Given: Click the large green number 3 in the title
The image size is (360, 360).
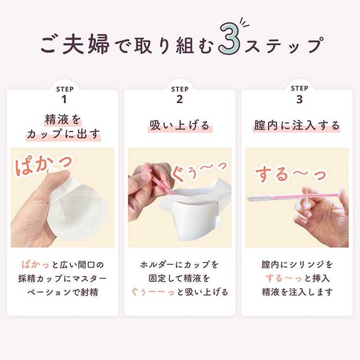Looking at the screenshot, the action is [x=229, y=38].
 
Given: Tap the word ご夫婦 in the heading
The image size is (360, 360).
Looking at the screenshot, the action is [x=75, y=44].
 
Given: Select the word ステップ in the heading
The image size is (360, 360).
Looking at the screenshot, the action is [x=284, y=45].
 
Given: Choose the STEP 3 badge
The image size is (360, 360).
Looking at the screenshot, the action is [x=300, y=95].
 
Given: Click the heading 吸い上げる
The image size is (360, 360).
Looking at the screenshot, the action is [x=180, y=125].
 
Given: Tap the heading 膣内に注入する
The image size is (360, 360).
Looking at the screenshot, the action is [x=297, y=125].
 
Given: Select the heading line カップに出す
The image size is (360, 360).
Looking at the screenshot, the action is [x=63, y=134].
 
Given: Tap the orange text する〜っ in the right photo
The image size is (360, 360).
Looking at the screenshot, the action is [x=291, y=175].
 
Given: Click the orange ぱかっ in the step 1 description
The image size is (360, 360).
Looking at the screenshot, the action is [x=36, y=264].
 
